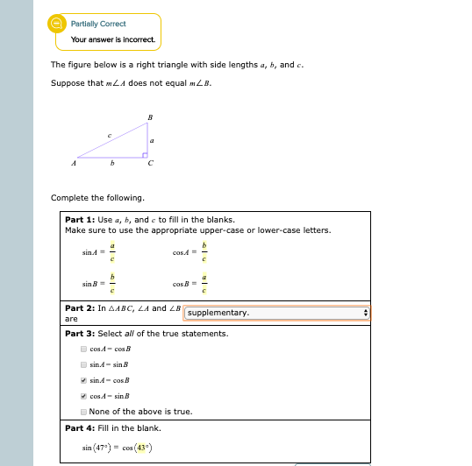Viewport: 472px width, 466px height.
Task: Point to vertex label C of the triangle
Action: click(x=150, y=164)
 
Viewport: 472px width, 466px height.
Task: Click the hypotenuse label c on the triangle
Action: click(x=109, y=133)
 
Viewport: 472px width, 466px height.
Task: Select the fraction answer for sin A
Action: click(x=111, y=253)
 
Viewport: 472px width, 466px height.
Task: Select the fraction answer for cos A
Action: click(x=204, y=253)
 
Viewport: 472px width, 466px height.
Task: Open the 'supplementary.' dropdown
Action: click(x=277, y=313)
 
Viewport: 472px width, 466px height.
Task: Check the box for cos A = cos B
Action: click(x=83, y=349)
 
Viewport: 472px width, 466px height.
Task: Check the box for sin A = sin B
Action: click(x=83, y=364)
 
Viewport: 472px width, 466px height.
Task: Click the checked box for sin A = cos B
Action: click(x=83, y=380)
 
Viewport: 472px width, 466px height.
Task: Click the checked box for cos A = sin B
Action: click(x=83, y=396)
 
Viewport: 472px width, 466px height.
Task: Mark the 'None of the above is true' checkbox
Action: click(x=83, y=412)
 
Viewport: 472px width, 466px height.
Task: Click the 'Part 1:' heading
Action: click(x=81, y=220)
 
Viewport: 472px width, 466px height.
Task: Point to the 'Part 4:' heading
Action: click(x=81, y=427)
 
